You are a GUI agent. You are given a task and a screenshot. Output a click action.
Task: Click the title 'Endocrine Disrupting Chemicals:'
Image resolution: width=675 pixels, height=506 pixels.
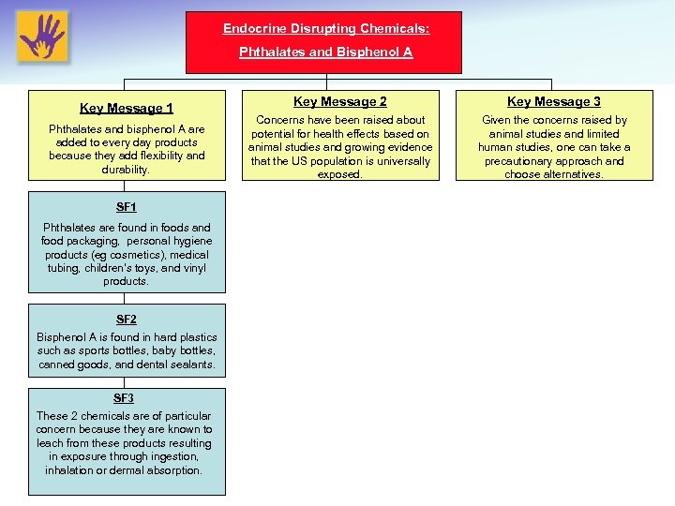pyautogui.click(x=325, y=29)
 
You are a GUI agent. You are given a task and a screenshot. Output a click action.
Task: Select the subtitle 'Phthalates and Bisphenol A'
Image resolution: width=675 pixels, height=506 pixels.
pyautogui.click(x=325, y=52)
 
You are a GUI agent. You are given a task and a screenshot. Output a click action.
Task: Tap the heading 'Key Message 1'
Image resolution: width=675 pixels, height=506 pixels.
pyautogui.click(x=127, y=109)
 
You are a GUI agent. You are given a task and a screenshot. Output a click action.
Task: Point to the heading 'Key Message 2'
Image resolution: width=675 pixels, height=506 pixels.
pyautogui.click(x=339, y=101)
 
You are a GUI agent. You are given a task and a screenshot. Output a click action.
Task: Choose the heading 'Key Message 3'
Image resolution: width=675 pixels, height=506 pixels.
pyautogui.click(x=554, y=101)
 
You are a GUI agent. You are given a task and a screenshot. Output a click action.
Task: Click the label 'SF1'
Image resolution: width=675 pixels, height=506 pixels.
pyautogui.click(x=127, y=206)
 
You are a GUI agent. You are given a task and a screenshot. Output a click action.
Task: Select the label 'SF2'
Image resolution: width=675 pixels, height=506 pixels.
pyautogui.click(x=127, y=319)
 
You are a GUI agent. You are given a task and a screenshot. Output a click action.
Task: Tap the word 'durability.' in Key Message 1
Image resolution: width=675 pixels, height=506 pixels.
pyautogui.click(x=127, y=170)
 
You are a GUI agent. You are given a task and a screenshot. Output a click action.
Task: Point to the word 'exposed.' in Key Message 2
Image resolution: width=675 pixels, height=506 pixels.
pyautogui.click(x=339, y=174)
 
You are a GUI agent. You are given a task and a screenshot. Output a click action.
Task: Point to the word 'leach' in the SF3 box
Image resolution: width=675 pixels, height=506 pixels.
pyautogui.click(x=51, y=443)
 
